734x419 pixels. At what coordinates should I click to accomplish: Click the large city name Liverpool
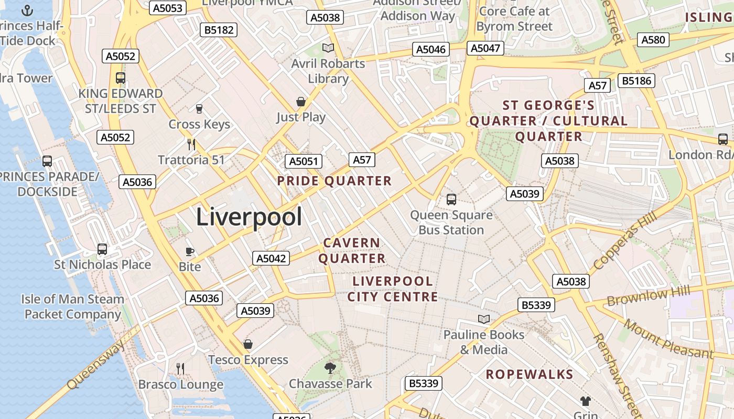[249, 217]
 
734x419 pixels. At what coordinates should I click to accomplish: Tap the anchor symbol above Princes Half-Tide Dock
[27, 10]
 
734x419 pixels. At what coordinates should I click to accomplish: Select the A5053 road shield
[168, 8]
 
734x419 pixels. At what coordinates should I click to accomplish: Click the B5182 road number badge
[219, 30]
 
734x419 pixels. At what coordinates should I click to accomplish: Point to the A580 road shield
[653, 40]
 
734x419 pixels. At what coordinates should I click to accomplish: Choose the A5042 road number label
[271, 258]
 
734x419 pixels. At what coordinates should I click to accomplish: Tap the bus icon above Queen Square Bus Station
[451, 200]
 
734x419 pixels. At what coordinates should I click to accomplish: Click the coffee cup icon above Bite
[190, 252]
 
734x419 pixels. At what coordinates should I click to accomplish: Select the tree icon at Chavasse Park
[330, 368]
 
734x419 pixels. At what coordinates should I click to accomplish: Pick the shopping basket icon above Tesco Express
[248, 344]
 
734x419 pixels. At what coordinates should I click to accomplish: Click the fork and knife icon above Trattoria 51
[191, 144]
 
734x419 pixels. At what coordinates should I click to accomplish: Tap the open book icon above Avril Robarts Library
[328, 48]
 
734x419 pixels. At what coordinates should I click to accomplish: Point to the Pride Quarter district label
[334, 181]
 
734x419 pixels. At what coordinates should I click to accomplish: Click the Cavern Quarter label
[352, 251]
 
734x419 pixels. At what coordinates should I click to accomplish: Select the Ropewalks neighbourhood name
[529, 374]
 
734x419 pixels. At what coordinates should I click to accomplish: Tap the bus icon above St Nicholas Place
[102, 249]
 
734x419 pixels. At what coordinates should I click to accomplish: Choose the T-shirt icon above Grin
[586, 401]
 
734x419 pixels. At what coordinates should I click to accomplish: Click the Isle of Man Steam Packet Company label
[73, 306]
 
